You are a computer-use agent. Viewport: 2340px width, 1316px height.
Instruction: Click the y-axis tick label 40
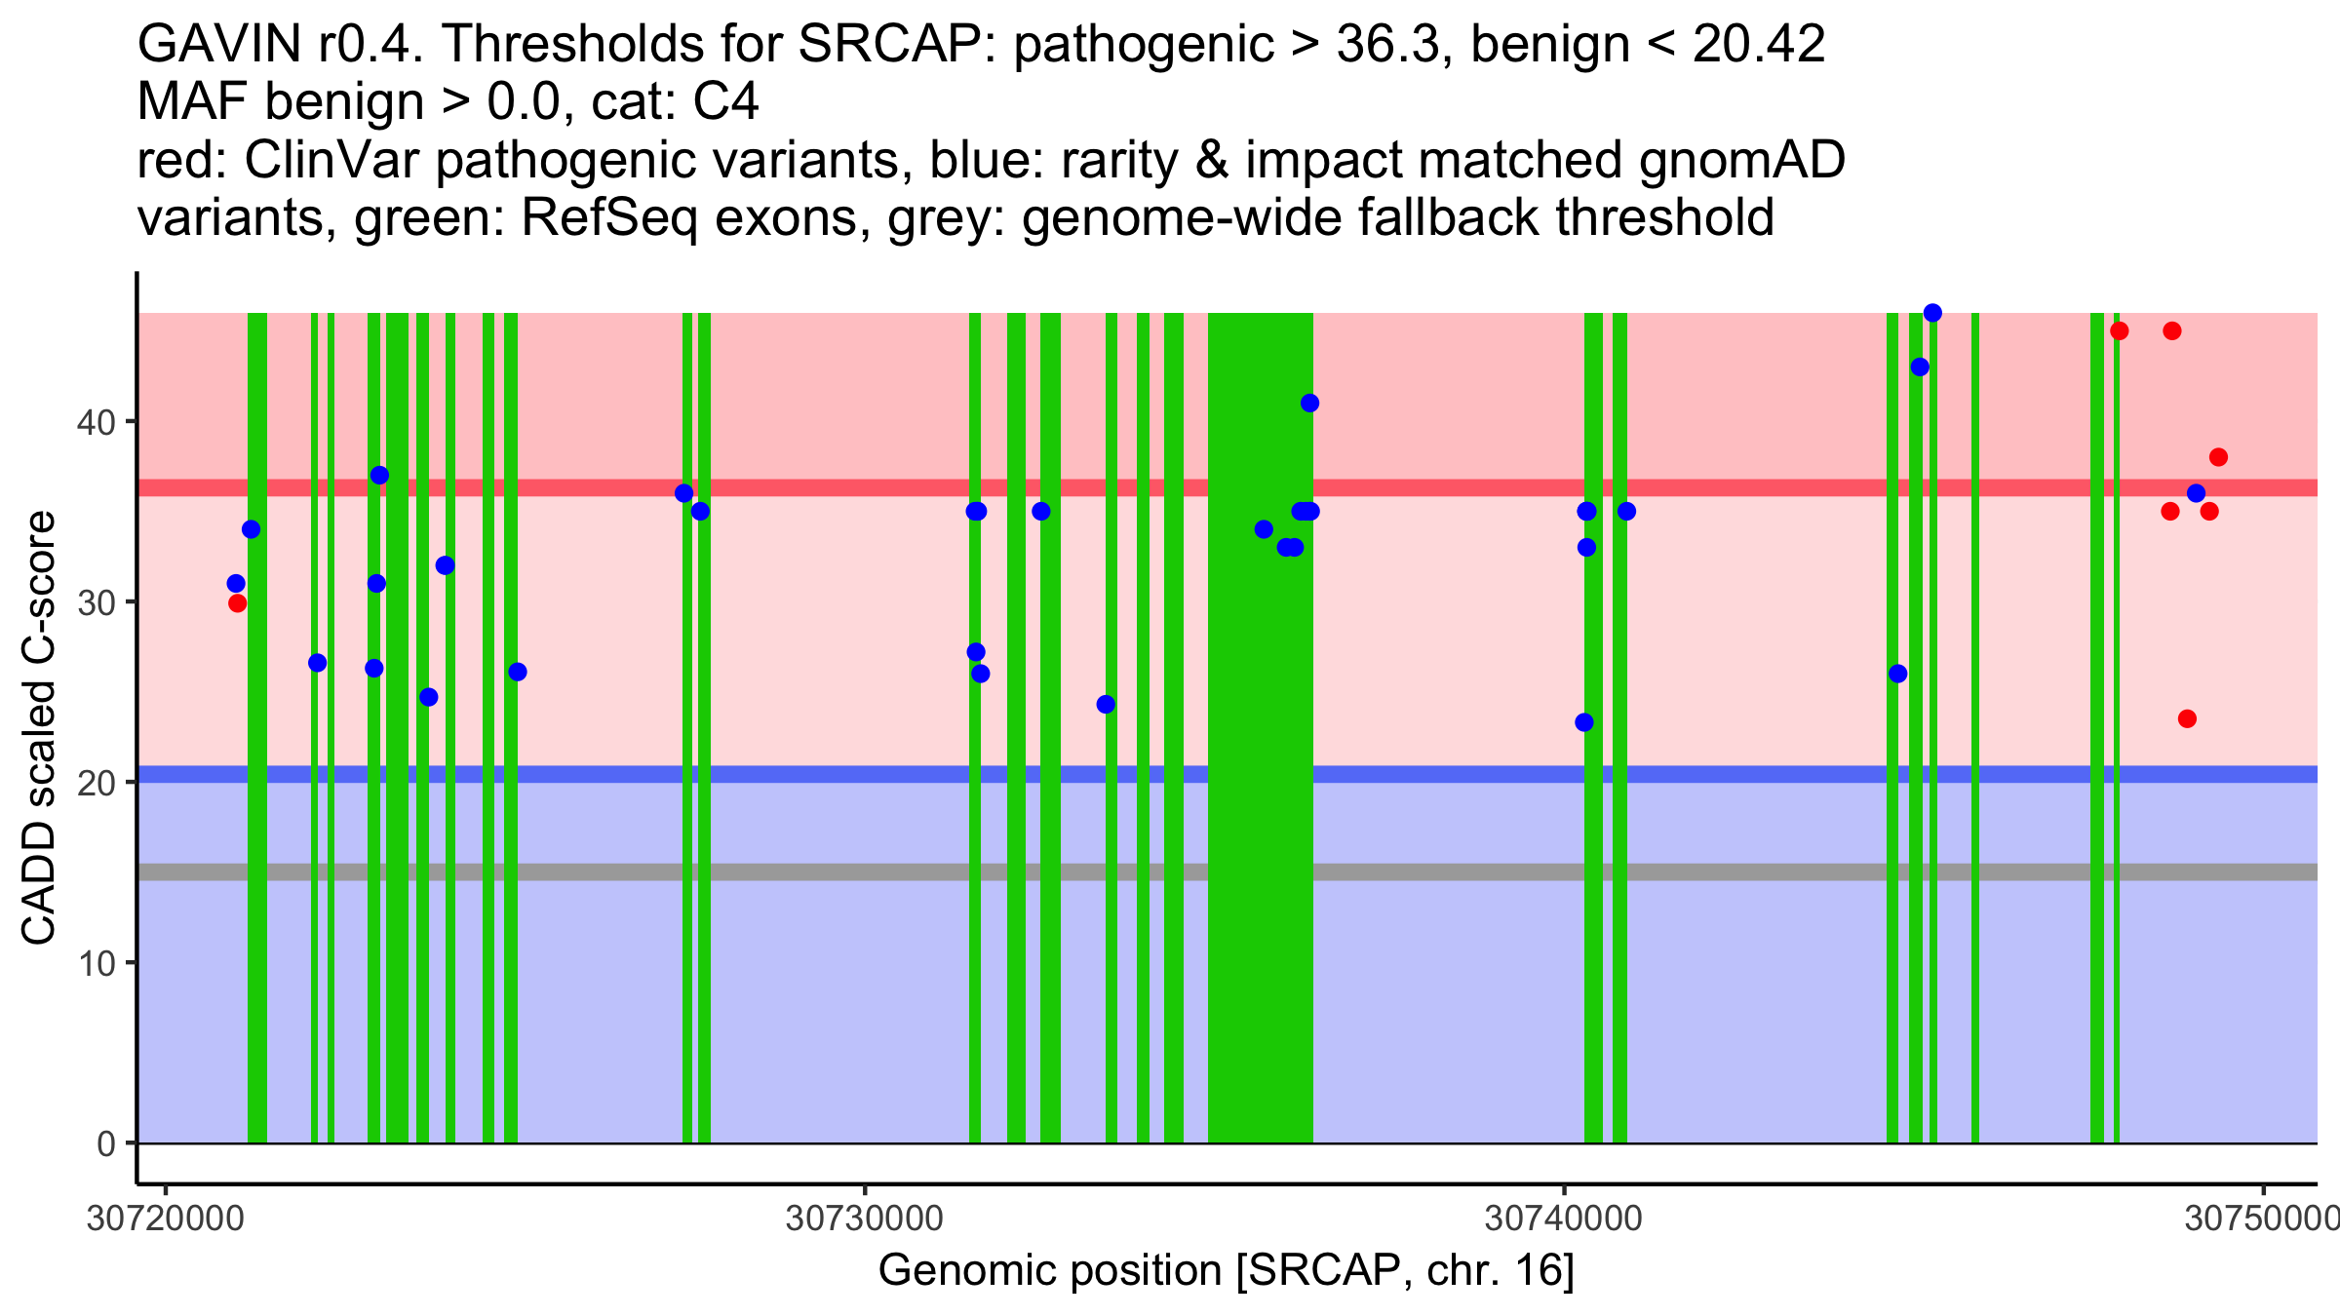95,422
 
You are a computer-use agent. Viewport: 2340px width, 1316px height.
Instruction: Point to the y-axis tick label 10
95,963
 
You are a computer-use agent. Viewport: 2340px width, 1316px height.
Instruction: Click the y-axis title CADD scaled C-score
39,728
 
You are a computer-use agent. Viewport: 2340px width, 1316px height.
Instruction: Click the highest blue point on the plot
1932,313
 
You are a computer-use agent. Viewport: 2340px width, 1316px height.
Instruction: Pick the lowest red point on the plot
2187,719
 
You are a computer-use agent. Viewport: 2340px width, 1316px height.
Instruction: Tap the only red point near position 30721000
237,603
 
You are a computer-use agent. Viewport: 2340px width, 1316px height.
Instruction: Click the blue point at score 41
1309,404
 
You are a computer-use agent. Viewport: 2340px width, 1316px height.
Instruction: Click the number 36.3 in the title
1387,44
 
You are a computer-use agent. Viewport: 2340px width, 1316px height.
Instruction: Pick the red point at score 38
2218,457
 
